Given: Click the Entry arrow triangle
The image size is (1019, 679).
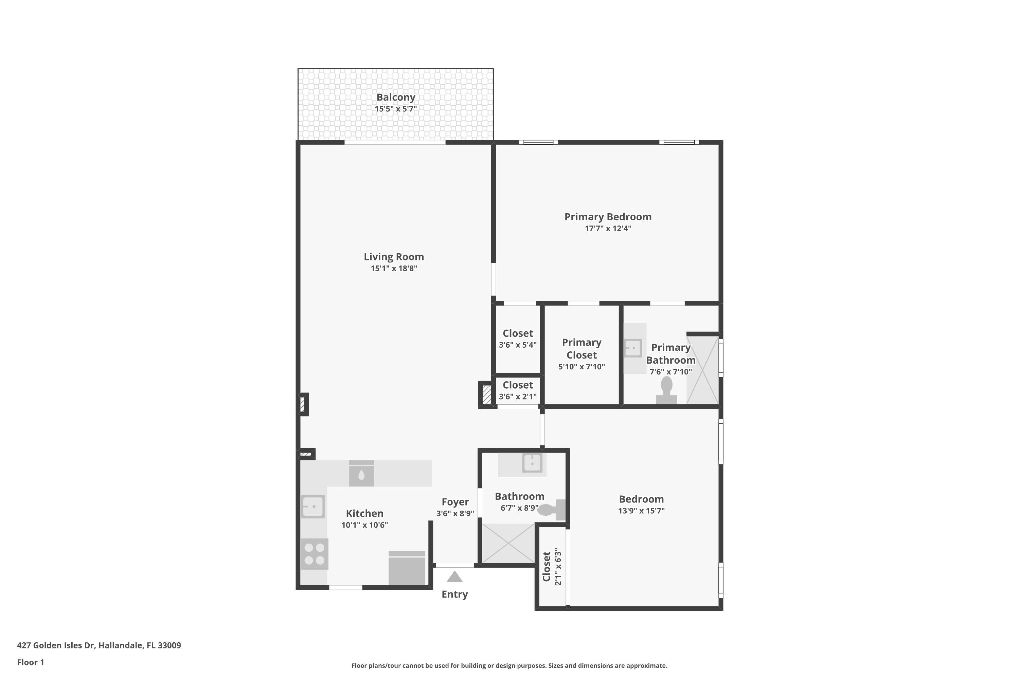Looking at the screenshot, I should pyautogui.click(x=454, y=577).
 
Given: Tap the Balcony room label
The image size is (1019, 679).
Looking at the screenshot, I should pyautogui.click(x=396, y=97).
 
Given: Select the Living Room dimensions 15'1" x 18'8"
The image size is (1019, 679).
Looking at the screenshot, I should pyautogui.click(x=393, y=269).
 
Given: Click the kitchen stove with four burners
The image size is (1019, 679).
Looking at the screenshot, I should pyautogui.click(x=314, y=554).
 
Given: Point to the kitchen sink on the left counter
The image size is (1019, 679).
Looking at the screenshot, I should pyautogui.click(x=313, y=506).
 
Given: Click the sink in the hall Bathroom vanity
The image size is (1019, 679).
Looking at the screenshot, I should pyautogui.click(x=532, y=463).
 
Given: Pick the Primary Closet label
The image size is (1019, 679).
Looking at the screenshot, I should pyautogui.click(x=582, y=349).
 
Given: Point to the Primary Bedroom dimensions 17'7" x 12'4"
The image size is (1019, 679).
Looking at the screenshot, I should pyautogui.click(x=608, y=228).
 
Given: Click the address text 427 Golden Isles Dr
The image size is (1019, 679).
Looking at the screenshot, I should pyautogui.click(x=99, y=645).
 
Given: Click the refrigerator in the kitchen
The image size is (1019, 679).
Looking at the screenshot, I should pyautogui.click(x=406, y=568).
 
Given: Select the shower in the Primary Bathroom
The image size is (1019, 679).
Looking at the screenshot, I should pyautogui.click(x=702, y=370).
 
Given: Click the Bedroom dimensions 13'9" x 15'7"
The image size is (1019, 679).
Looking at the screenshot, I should pyautogui.click(x=641, y=511).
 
